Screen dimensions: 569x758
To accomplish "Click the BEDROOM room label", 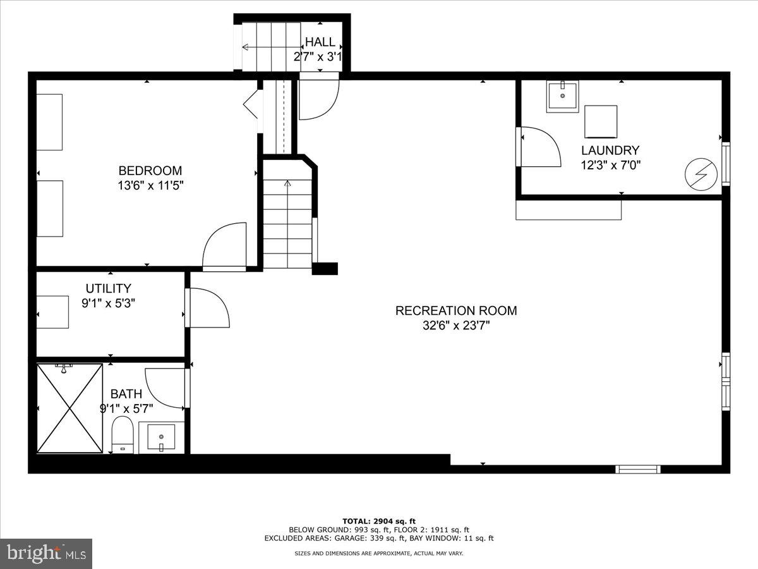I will [x=150, y=171].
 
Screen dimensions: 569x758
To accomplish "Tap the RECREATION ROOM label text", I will [x=455, y=310].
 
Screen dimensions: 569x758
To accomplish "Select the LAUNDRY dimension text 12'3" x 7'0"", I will [x=610, y=165].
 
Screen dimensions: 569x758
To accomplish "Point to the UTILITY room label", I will [x=109, y=288].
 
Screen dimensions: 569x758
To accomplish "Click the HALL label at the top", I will [x=320, y=42].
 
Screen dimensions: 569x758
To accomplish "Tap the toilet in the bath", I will [x=123, y=434].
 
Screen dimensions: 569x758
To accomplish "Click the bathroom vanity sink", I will [x=161, y=437].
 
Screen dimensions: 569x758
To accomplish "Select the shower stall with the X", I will [x=69, y=408].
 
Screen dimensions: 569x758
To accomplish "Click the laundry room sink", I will [x=562, y=97].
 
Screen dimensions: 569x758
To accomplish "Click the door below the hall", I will [x=319, y=97].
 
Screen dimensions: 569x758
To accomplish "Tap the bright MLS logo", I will [x=45, y=554].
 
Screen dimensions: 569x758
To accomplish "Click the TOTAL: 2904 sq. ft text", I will [x=378, y=521].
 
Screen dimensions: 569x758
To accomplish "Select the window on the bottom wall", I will [x=638, y=469].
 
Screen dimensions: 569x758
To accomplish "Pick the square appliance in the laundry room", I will [x=600, y=121].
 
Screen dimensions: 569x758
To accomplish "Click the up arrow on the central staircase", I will [x=287, y=184].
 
